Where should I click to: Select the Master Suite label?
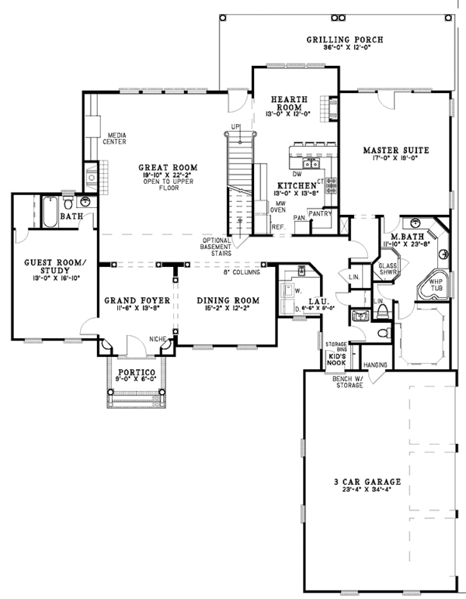click(x=395, y=149)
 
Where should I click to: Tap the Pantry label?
click(x=320, y=212)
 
